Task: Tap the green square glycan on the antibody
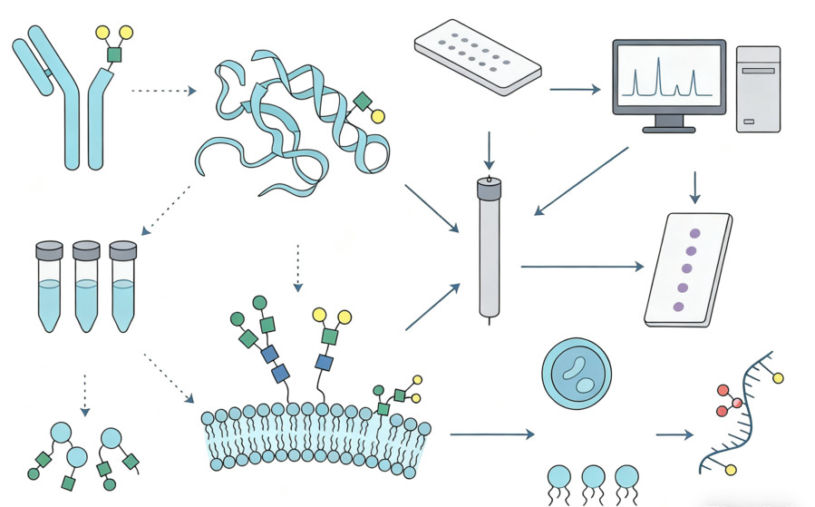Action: [x=114, y=55]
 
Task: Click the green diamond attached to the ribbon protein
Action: [x=362, y=102]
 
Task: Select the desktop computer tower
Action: [x=757, y=88]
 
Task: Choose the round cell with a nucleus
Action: [x=576, y=375]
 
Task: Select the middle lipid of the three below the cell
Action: [x=593, y=478]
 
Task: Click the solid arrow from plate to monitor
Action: [x=575, y=89]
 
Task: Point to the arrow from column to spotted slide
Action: [x=581, y=267]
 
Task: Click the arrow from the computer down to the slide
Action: [x=695, y=187]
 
